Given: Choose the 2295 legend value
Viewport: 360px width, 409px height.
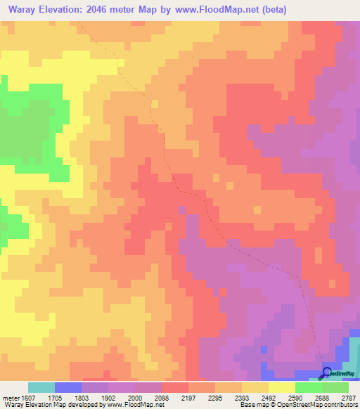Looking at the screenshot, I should click(x=215, y=397).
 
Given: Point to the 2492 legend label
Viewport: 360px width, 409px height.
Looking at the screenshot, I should click(x=269, y=397).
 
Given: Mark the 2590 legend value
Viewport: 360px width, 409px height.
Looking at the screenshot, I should click(x=295, y=397).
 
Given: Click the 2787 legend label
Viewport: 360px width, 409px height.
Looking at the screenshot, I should click(x=349, y=397).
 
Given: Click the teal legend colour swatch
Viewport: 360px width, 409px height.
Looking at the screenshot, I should click(x=41, y=387).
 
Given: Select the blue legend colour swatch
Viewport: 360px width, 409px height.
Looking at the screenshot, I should click(x=68, y=387).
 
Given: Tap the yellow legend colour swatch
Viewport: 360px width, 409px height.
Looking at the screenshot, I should click(x=281, y=387).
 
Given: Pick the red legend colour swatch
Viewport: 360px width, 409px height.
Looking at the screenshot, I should click(x=175, y=387).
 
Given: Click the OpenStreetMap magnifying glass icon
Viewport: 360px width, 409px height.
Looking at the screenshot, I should click(x=327, y=372).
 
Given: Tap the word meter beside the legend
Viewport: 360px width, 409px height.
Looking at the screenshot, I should click(x=9, y=397).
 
